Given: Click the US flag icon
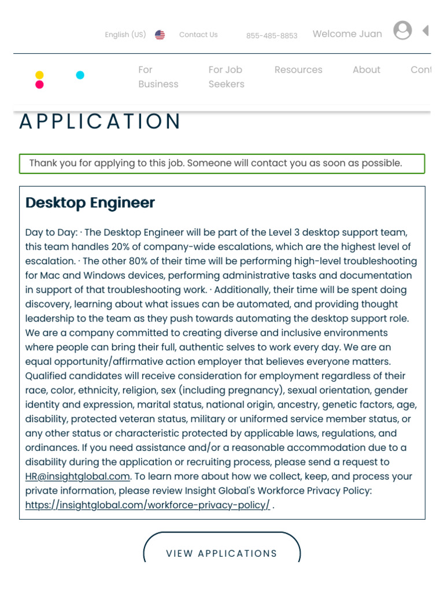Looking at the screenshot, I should click(160, 35).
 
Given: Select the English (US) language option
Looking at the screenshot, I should click(125, 35).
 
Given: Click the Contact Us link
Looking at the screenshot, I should click(198, 35).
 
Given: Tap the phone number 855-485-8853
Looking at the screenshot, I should click(272, 36).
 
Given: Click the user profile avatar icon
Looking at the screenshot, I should click(402, 31).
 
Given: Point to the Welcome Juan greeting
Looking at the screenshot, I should click(347, 34).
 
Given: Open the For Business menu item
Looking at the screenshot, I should click(158, 77).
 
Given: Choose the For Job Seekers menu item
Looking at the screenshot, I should click(226, 77).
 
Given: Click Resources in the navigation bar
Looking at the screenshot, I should click(298, 70).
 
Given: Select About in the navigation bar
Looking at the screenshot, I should click(367, 70).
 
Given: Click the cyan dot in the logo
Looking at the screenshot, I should click(80, 75).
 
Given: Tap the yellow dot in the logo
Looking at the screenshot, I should click(39, 75).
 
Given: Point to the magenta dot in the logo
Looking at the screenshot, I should click(39, 85).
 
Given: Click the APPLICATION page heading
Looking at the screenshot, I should click(100, 122).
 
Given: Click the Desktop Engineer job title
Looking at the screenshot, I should click(90, 203).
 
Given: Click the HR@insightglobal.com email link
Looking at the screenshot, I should click(78, 476).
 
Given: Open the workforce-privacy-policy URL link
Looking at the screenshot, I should click(147, 505).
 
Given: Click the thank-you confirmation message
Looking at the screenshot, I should click(216, 163).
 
